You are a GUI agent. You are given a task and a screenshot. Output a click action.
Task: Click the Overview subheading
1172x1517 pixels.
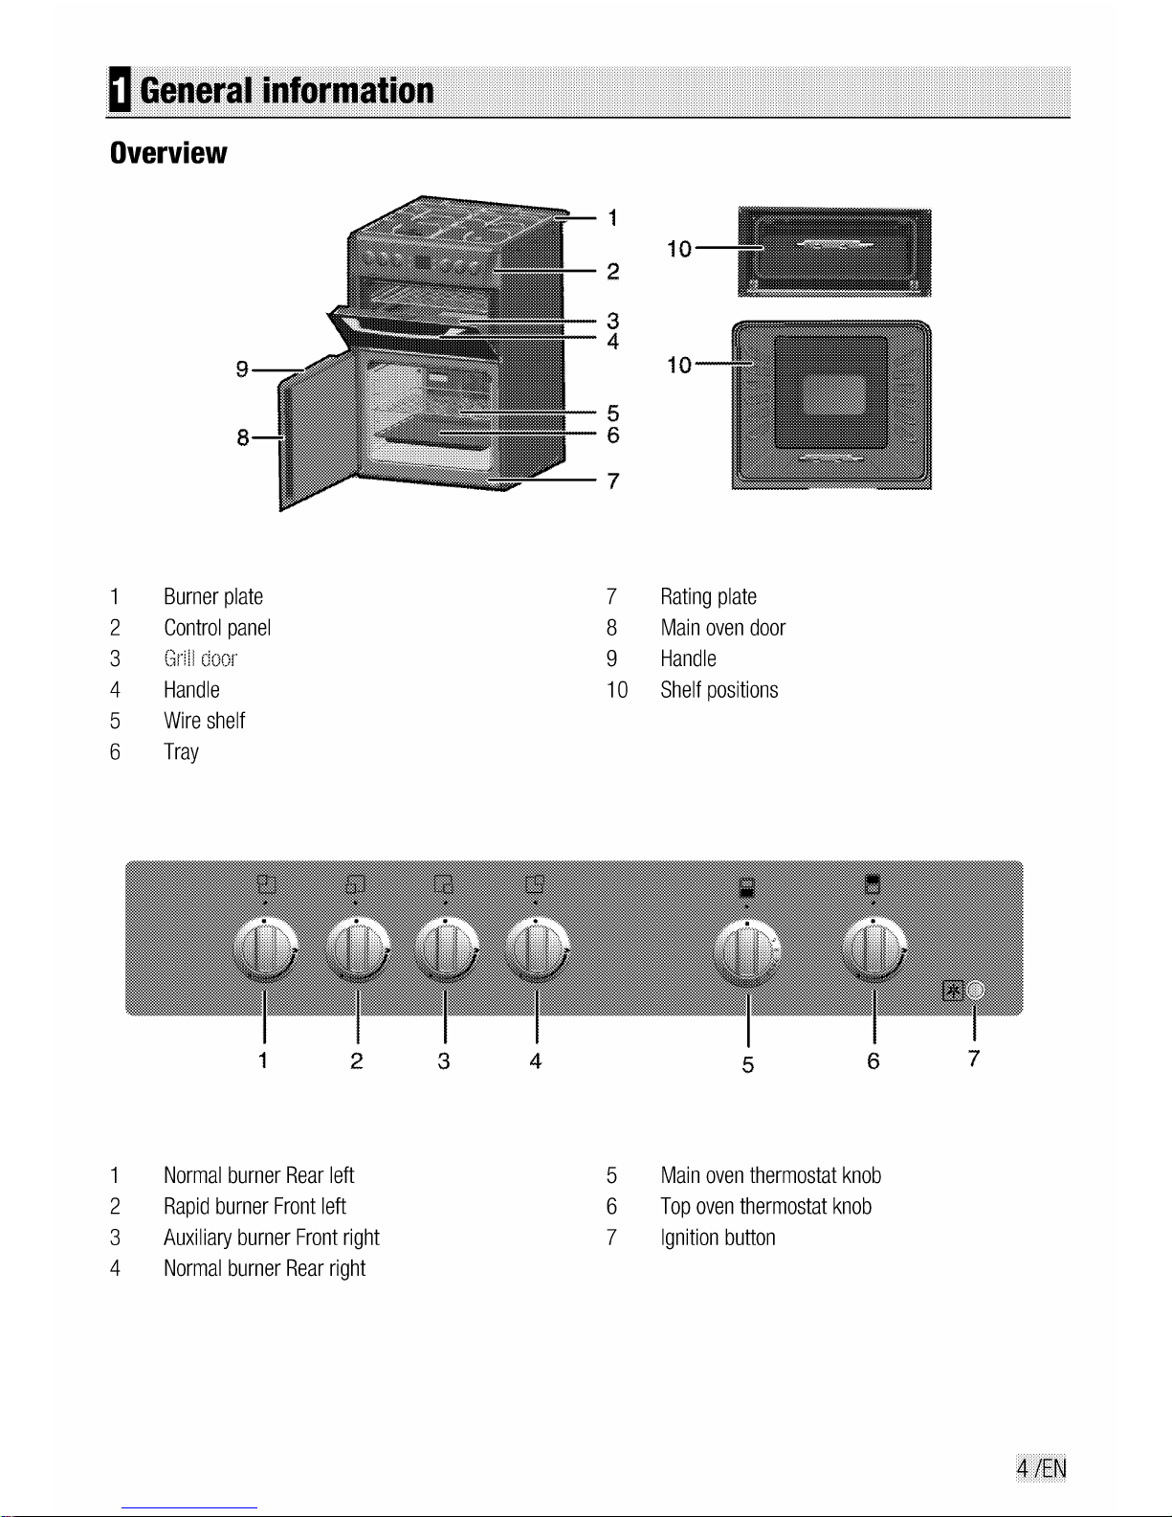pos(168,153)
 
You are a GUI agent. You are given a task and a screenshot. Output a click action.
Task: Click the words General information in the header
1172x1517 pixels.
pos(287,91)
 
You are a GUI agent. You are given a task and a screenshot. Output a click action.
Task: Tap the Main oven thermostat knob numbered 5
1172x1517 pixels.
pos(748,950)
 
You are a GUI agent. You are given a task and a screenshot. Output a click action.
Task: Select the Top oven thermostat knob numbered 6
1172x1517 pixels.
pos(874,948)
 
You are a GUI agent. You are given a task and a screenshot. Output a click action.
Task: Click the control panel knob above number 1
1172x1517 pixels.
pos(266,948)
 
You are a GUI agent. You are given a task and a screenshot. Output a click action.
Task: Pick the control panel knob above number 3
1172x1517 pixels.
pos(447,948)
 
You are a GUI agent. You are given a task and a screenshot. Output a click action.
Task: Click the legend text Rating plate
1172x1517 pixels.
pos(708,597)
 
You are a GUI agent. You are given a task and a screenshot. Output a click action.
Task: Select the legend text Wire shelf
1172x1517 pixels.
pos(205,721)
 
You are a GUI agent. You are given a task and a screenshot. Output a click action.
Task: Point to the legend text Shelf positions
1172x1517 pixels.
pos(719,690)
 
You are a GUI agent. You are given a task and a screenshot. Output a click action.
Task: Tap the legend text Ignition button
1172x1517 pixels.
pos(718,1238)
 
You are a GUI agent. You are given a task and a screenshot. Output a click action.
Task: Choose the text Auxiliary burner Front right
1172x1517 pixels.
pos(272,1238)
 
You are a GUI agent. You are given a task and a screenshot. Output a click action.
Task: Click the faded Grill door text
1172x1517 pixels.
pos(200,658)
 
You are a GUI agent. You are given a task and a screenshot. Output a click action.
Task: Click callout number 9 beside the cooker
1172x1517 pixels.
pos(242,368)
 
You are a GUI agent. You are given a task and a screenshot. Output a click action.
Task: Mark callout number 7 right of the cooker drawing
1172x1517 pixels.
pos(613,481)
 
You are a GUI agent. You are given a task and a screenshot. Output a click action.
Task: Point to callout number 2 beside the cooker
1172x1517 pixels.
pos(613,271)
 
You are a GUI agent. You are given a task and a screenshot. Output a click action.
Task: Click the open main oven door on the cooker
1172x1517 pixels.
pos(318,433)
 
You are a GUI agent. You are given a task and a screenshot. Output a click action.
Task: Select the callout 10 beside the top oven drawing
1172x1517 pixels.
pos(678,249)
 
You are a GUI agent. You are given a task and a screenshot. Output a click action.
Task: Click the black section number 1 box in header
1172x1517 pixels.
pos(120,89)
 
